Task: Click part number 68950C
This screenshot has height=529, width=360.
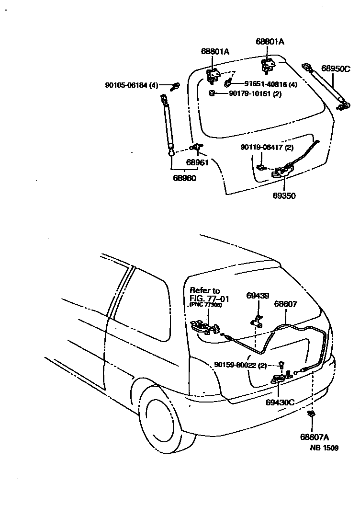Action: click(336, 69)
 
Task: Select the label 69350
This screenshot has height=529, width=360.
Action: click(284, 195)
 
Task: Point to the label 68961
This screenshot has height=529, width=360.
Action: click(197, 162)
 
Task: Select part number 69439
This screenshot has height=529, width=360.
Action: click(258, 295)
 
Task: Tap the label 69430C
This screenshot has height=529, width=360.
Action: click(280, 402)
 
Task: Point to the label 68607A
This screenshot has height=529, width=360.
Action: click(315, 437)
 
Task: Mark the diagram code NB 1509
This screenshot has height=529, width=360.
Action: click(324, 448)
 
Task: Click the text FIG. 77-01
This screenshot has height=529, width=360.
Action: click(209, 298)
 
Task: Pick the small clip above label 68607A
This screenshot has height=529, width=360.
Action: click(311, 414)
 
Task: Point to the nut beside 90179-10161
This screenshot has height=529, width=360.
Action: click(211, 93)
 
